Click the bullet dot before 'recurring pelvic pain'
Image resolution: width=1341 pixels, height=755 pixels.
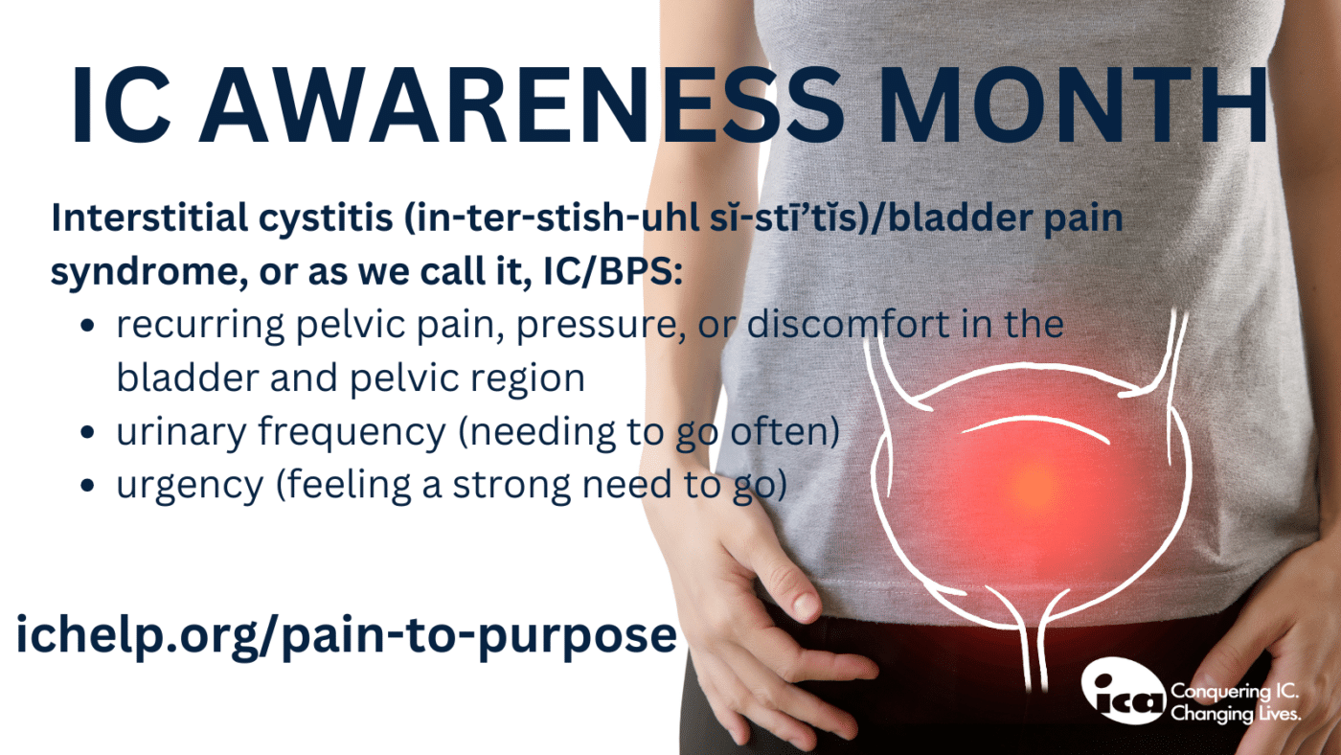[88, 326]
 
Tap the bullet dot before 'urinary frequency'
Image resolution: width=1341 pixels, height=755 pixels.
[88, 434]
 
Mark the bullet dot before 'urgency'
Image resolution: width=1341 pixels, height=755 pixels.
[88, 487]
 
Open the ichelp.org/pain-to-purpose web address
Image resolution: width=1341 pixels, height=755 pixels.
[346, 636]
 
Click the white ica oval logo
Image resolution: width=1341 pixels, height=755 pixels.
[1123, 692]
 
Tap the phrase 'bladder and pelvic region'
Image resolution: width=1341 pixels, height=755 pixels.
[351, 378]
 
